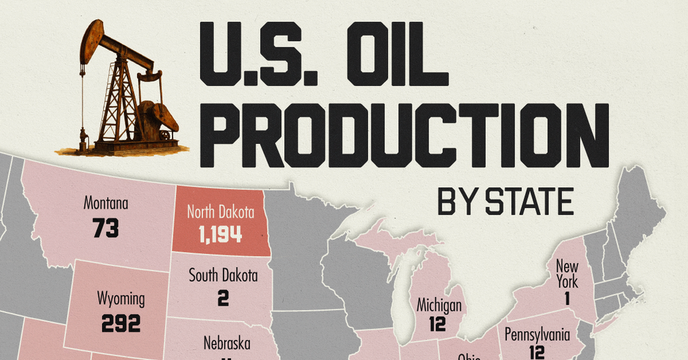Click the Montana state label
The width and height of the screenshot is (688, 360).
click(x=106, y=204)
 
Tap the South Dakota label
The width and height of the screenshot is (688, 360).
click(x=224, y=276)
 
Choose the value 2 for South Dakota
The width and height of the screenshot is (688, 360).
click(x=223, y=299)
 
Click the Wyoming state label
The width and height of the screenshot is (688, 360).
click(x=120, y=299)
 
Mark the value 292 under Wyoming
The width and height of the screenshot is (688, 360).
click(x=120, y=323)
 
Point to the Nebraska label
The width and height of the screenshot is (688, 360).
click(x=227, y=343)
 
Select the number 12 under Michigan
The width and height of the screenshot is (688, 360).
click(x=438, y=325)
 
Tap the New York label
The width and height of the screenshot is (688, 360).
click(x=568, y=274)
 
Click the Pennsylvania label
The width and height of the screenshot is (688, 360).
click(x=537, y=335)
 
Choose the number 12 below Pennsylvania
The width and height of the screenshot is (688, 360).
click(x=537, y=352)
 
